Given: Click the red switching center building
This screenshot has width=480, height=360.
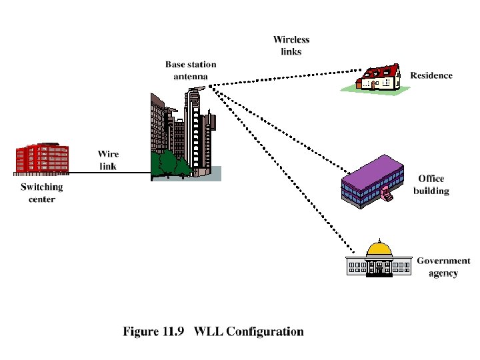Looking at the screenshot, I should [x=41, y=159].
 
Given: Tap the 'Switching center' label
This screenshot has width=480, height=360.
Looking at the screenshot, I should [x=41, y=193].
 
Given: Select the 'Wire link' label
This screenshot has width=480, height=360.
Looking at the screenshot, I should [x=109, y=160].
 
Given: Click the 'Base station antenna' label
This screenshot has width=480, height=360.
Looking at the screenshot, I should [x=191, y=70].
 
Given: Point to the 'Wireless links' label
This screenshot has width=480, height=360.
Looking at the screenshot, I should [x=291, y=45].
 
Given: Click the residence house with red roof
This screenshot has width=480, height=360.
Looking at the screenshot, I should [x=379, y=77].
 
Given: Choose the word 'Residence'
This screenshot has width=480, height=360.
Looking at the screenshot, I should [x=431, y=75].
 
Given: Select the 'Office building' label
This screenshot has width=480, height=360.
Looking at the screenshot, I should [x=431, y=184].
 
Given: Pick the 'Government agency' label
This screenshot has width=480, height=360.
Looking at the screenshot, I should [x=443, y=267].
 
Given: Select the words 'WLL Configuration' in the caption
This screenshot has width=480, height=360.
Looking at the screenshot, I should [x=249, y=331].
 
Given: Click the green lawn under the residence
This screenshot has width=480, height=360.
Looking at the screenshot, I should [x=373, y=90].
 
